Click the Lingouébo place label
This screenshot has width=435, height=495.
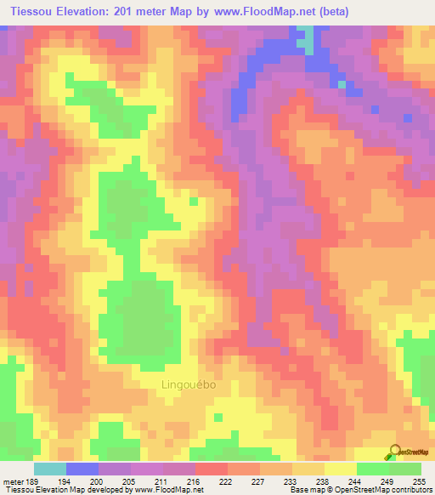[188, 384]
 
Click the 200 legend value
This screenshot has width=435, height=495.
[106, 481]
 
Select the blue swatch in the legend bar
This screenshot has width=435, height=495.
[82, 469]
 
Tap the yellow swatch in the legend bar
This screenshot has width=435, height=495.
[340, 469]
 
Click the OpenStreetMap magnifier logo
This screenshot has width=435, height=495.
[393, 452]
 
